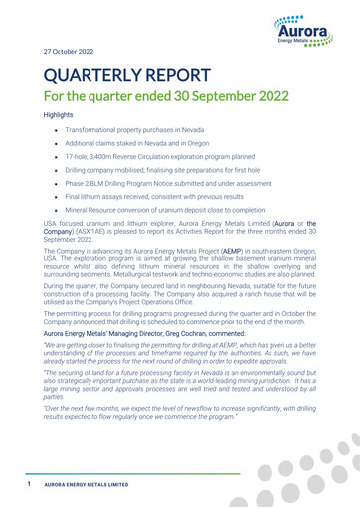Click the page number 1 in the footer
click(31, 486)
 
